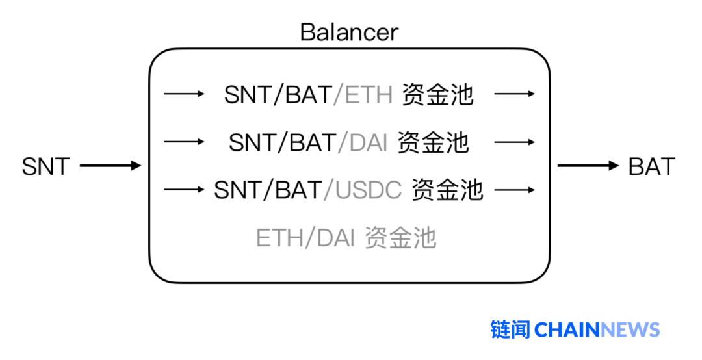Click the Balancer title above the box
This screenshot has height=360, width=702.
click(x=349, y=32)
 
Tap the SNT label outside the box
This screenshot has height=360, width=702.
click(x=45, y=166)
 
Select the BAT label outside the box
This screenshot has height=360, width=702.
click(x=651, y=166)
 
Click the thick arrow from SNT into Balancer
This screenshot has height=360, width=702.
click(x=110, y=166)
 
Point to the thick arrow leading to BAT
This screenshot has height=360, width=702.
click(x=588, y=166)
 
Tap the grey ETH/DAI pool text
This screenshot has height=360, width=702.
click(x=345, y=238)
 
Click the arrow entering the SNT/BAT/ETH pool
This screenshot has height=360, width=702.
click(x=184, y=94)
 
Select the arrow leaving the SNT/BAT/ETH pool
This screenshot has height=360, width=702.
click(x=514, y=94)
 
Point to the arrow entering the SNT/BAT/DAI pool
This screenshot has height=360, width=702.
click(x=184, y=142)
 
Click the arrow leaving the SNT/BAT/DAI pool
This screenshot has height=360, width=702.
click(x=514, y=142)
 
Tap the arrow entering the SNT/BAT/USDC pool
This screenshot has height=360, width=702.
click(x=184, y=190)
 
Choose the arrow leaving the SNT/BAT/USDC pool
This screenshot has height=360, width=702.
click(x=514, y=190)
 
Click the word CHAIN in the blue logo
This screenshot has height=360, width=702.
click(x=567, y=329)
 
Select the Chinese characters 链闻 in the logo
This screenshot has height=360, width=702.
click(x=510, y=329)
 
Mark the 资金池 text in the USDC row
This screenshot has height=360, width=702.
click(x=447, y=190)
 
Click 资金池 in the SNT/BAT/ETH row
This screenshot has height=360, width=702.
click(x=437, y=95)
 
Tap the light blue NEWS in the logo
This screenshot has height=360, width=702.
click(x=630, y=329)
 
